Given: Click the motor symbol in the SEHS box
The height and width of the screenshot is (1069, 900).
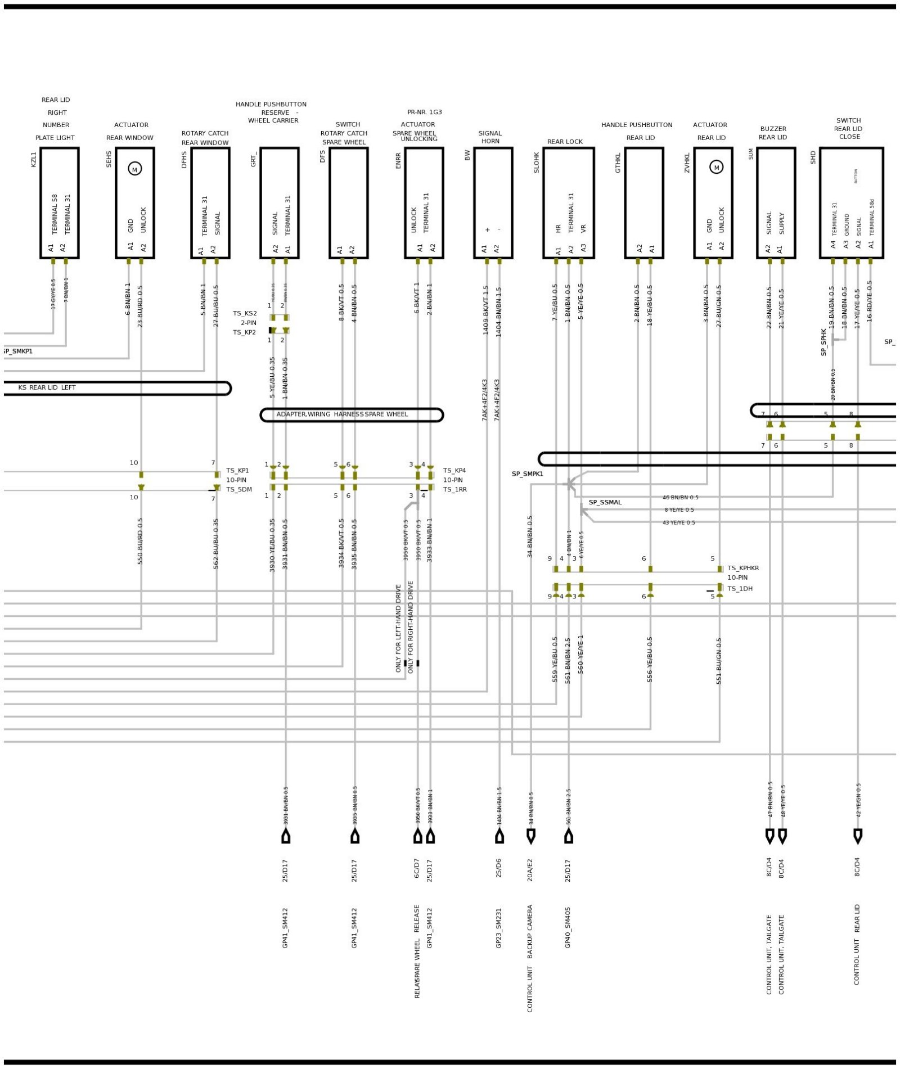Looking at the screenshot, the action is [134, 169].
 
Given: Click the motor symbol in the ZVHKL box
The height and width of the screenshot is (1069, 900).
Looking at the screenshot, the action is [715, 167].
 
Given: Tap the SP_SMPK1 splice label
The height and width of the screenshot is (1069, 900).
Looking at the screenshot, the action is [527, 473].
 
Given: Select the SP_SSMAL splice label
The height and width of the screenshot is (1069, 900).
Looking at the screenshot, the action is [605, 502].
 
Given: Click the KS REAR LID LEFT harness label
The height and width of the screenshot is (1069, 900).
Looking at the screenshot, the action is [47, 387].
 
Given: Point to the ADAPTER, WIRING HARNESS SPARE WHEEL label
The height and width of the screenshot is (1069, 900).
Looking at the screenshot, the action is [342, 414].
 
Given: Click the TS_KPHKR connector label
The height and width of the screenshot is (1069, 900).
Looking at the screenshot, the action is [742, 568].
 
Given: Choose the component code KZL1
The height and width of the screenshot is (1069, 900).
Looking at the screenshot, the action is [33, 159].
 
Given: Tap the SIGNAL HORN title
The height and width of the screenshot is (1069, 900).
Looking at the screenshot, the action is [490, 137].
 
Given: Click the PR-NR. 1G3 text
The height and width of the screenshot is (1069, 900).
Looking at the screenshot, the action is [425, 112].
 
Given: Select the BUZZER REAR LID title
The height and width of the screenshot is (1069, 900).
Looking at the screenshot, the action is [773, 133].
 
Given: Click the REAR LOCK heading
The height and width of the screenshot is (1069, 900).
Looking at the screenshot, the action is [565, 142].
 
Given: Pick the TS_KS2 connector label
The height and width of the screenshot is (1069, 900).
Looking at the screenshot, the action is [245, 313].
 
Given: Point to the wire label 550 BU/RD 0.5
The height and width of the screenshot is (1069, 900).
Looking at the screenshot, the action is [140, 541].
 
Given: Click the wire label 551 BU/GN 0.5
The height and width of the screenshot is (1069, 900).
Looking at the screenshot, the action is [718, 661].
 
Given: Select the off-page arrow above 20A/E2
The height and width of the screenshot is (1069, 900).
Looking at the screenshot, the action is [530, 836].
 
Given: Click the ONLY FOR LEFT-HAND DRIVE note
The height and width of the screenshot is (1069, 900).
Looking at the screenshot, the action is [398, 628].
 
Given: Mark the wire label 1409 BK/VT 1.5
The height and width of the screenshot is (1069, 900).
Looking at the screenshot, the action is [485, 310].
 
